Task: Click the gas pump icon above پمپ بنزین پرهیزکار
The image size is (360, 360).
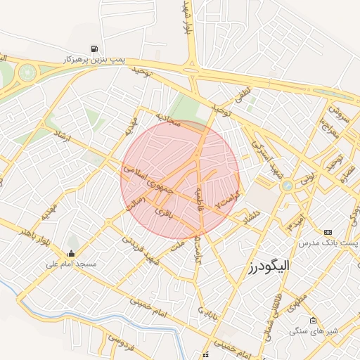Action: pos(94,49)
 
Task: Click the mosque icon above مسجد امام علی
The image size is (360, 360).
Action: pos(70,253)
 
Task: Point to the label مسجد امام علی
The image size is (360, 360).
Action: pos(71,264)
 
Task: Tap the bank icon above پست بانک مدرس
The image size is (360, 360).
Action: pos(328,232)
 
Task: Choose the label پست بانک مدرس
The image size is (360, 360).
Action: pos(328,243)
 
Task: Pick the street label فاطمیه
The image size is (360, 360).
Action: pos(200,200)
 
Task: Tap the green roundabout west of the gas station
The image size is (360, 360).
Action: pos(28,72)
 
